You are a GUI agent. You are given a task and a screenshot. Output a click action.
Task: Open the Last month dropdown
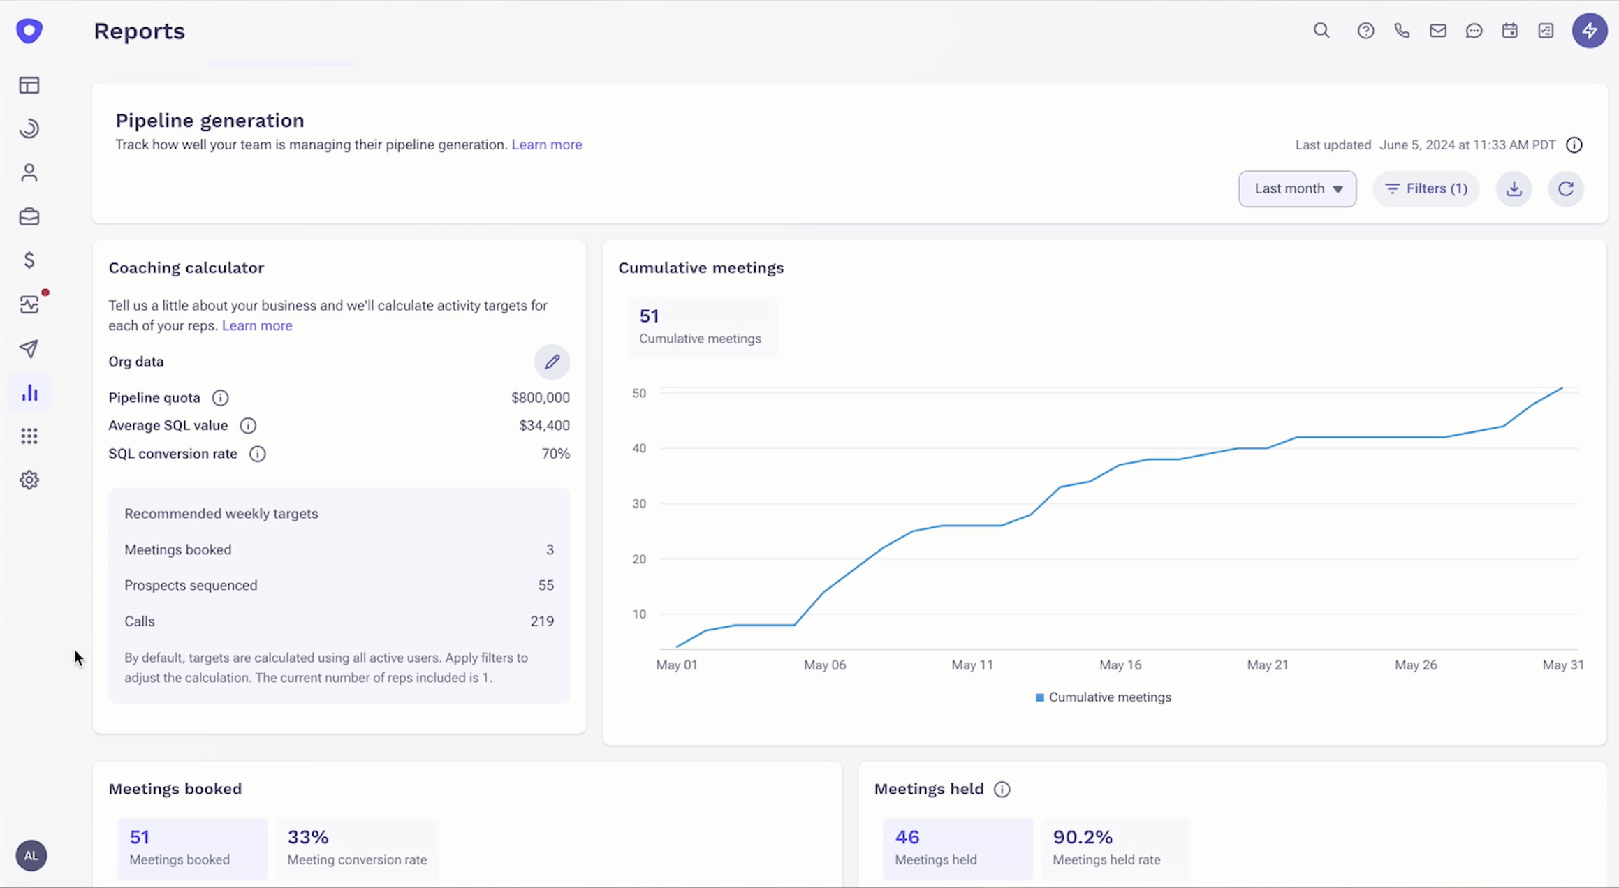1297,188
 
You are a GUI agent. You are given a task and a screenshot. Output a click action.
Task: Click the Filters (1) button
1426,188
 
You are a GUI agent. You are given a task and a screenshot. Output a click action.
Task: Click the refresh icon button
1565,188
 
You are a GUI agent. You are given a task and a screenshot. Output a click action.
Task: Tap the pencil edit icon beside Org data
552,362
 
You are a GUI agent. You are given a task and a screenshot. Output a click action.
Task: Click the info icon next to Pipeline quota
220,398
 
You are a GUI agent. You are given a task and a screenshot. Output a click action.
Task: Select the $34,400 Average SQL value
544,425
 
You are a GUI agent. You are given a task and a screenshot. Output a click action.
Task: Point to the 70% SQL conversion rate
555,454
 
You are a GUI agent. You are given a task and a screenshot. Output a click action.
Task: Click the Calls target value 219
541,621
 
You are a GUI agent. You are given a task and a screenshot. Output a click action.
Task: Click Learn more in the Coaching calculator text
257,325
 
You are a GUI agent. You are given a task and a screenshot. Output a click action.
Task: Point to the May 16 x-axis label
1120,665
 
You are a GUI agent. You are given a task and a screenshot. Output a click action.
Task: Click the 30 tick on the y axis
639,503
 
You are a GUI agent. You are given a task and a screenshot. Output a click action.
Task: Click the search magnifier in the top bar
1321,31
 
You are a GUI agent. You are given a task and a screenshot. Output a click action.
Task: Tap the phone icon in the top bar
1401,31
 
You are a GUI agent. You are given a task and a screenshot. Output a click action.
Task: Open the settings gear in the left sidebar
29,480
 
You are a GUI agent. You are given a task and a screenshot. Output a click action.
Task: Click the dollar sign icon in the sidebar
29,260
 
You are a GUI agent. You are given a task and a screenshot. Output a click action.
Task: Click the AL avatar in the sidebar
31,855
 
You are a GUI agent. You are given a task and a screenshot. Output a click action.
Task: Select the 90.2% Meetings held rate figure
1083,837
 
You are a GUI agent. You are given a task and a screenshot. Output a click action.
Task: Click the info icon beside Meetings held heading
1002,790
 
